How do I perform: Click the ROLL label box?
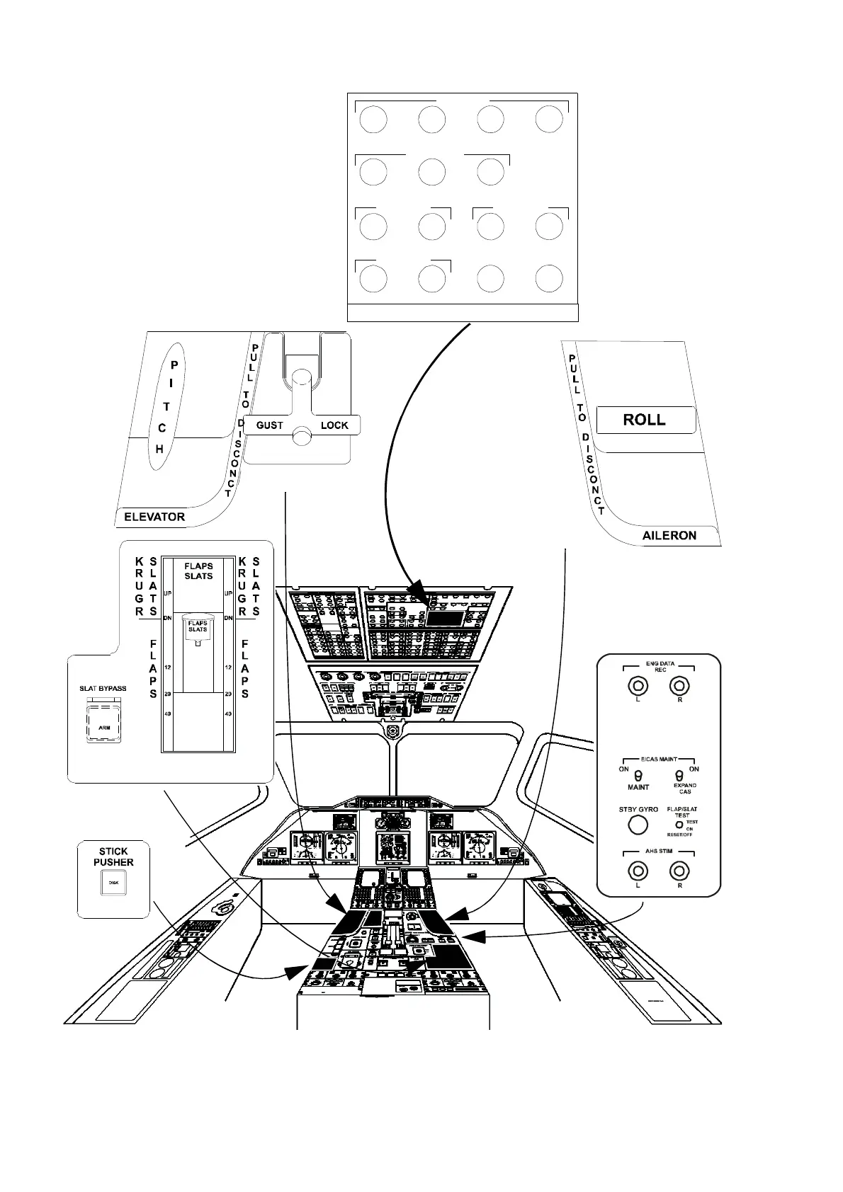(645, 420)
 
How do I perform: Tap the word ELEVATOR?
(154, 517)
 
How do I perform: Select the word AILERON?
(669, 535)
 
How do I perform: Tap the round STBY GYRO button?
(638, 825)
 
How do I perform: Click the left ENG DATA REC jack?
(638, 686)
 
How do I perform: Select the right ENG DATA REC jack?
(680, 686)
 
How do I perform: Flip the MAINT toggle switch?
(638, 776)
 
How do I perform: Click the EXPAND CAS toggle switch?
(680, 776)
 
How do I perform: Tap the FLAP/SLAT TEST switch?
(679, 825)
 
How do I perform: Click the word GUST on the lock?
(269, 425)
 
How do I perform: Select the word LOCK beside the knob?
(334, 425)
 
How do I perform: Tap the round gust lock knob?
(302, 432)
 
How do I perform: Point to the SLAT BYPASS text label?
(103, 688)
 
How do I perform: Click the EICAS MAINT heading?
(659, 759)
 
